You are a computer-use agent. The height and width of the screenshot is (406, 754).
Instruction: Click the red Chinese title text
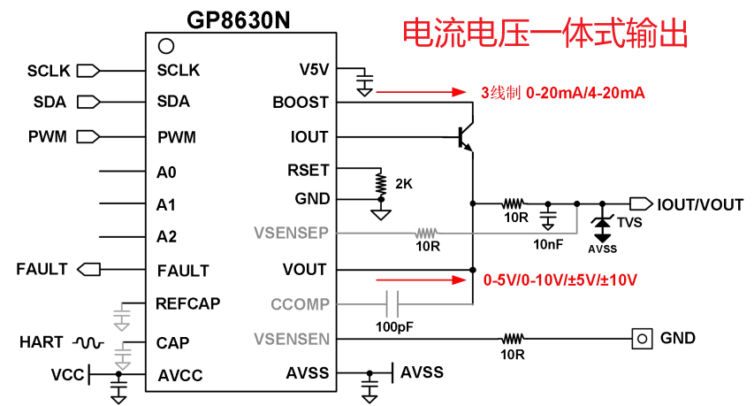click(545, 34)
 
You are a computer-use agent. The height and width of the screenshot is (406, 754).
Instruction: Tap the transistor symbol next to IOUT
click(466, 137)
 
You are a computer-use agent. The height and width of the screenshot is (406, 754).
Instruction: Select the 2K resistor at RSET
click(381, 184)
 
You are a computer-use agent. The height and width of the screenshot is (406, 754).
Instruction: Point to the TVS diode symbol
click(604, 225)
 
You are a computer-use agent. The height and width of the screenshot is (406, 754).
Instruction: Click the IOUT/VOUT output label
click(700, 204)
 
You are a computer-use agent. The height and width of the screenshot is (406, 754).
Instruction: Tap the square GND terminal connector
click(643, 338)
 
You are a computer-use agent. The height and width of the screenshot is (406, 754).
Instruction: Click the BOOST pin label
click(301, 103)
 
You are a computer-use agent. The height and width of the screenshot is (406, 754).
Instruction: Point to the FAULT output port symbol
click(89, 269)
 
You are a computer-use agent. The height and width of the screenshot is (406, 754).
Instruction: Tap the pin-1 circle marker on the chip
click(164, 45)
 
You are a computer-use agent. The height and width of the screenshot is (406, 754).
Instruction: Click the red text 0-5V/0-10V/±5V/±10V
click(560, 280)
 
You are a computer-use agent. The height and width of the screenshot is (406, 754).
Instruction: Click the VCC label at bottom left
click(66, 375)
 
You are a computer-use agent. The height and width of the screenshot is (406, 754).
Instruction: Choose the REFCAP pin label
click(188, 303)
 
